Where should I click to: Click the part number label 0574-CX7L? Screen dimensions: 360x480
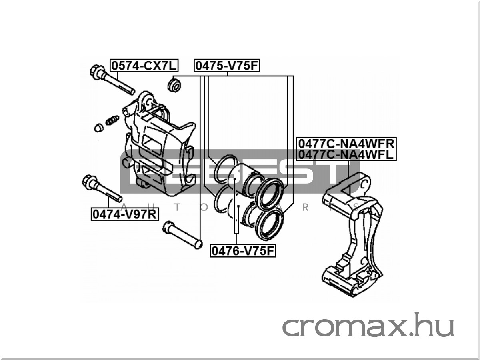click(144, 65)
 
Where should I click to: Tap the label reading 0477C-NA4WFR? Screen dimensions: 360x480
click(346, 143)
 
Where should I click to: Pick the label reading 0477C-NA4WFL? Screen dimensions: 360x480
click(346, 154)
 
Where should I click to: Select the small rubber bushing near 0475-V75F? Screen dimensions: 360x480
click(174, 85)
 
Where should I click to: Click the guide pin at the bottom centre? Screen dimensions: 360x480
click(182, 236)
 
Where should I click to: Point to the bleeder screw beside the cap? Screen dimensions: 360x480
click(112, 120)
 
